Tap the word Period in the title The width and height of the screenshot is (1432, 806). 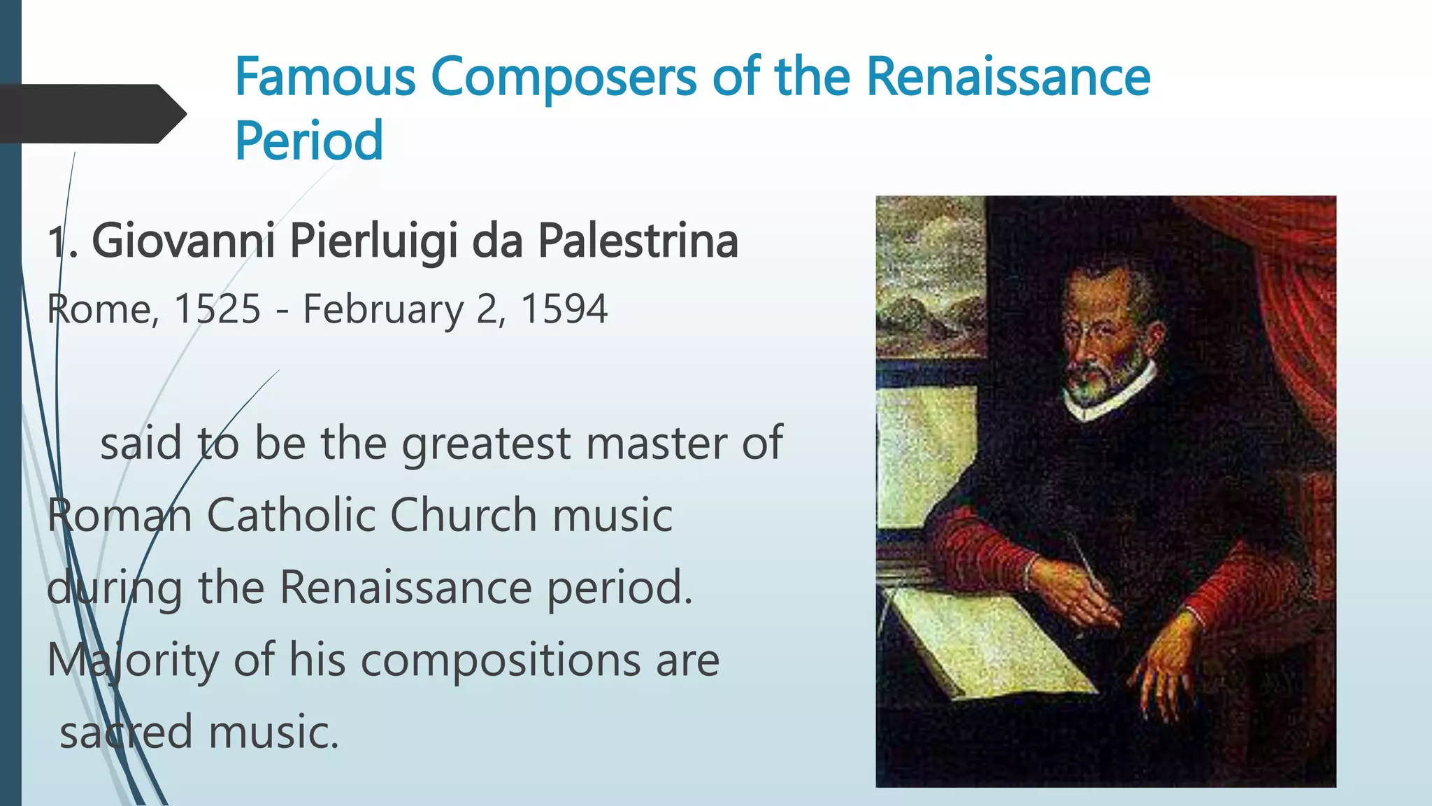click(309, 141)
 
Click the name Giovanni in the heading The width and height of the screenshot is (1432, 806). click(183, 241)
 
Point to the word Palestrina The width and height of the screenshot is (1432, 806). click(638, 241)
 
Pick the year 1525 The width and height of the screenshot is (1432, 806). click(217, 309)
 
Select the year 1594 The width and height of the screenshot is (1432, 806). click(564, 309)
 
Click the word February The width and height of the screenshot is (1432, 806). click(382, 310)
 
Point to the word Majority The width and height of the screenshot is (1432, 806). click(132, 660)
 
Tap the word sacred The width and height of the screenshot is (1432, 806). click(126, 733)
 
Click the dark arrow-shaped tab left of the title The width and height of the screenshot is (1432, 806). click(91, 114)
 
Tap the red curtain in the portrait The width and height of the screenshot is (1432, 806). click(1294, 294)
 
